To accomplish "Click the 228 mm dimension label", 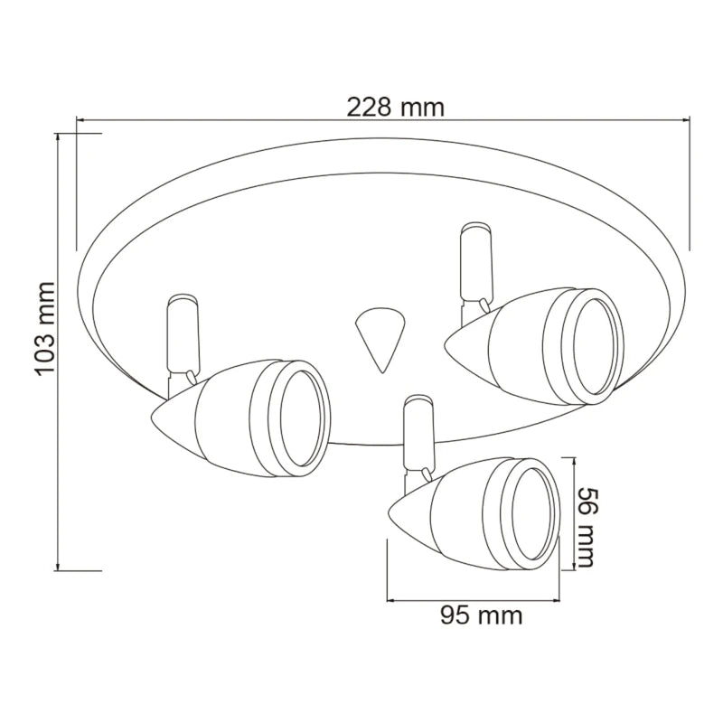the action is (395, 108).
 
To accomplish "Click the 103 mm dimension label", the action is (46, 328).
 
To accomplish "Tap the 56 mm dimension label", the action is (585, 526).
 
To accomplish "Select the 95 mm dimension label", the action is (481, 615).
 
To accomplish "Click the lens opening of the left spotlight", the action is (300, 418).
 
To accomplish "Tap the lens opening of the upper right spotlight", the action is (594, 346).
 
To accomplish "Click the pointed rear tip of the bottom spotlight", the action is (390, 511).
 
